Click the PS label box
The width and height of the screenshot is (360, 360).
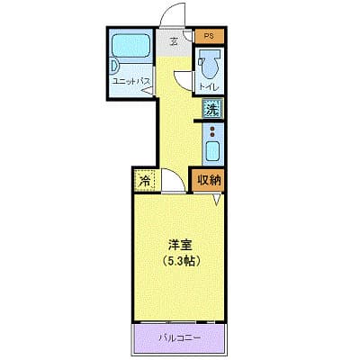[x=209, y=36]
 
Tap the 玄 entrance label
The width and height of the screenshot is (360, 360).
[x=175, y=39]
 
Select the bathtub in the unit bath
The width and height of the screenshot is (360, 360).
[x=130, y=48]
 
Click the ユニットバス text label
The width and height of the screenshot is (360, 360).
[x=130, y=81]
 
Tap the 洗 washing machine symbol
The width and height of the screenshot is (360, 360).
[x=211, y=110]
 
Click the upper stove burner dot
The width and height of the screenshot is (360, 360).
[x=212, y=130]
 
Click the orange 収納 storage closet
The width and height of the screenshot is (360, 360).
[x=208, y=179]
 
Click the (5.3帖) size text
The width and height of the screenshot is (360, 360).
[x=181, y=260]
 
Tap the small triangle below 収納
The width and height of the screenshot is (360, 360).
[x=216, y=199]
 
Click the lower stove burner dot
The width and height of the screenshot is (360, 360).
[x=212, y=137]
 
